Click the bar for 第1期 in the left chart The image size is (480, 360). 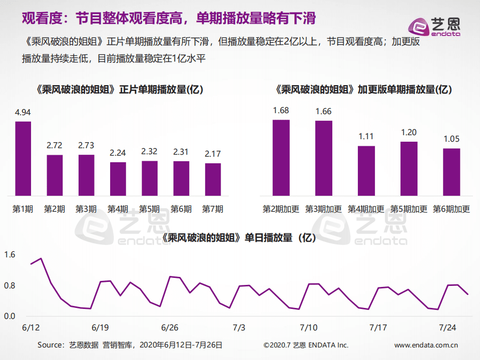click(x=23, y=158)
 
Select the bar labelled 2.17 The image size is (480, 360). click(x=213, y=179)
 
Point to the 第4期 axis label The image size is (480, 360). click(x=118, y=209)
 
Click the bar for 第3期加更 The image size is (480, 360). click(x=324, y=158)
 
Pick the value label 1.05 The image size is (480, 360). click(x=451, y=139)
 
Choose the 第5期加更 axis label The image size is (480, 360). click(x=409, y=209)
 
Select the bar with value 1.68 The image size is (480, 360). click(x=281, y=157)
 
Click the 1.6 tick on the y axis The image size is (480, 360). click(x=10, y=255)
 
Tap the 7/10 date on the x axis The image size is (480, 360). click(x=309, y=327)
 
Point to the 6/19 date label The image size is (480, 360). click(x=101, y=327)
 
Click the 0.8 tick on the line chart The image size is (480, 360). click(x=10, y=285)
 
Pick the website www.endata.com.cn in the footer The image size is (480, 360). click(x=426, y=345)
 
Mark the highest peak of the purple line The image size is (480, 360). click(x=41, y=258)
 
